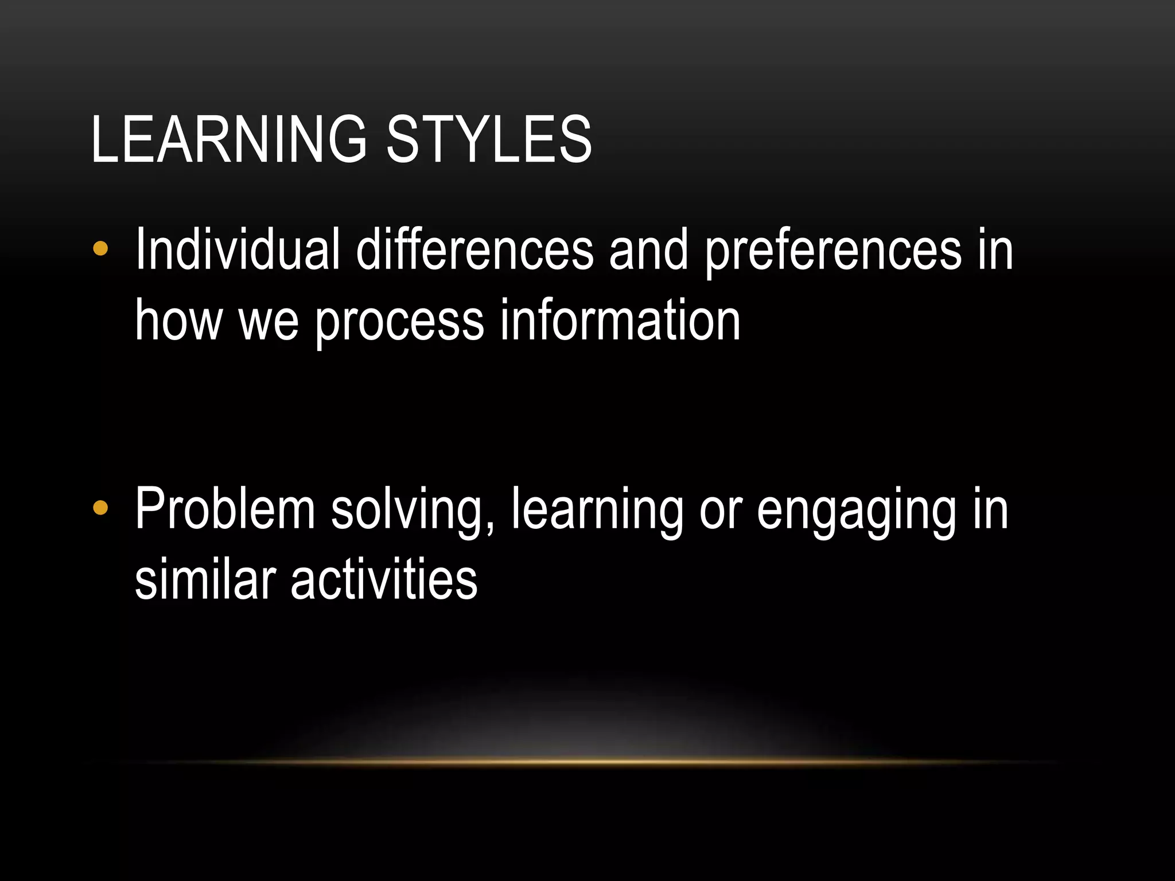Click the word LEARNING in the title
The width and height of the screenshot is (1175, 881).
[228, 139]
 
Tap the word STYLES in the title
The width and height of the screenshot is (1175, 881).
[489, 139]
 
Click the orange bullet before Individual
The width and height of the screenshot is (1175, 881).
[100, 249]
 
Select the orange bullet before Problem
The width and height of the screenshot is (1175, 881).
[100, 508]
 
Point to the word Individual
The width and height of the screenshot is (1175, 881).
[238, 250]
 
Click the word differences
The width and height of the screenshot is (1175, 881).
[474, 250]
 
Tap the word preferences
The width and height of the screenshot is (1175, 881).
[832, 250]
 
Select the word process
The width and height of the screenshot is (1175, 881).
[399, 321]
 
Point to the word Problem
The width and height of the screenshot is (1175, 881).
[225, 509]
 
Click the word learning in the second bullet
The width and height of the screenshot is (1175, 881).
[597, 510]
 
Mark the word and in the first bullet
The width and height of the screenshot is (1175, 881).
[648, 250]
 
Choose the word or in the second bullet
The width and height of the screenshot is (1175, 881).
[721, 510]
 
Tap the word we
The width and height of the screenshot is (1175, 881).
[269, 321]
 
